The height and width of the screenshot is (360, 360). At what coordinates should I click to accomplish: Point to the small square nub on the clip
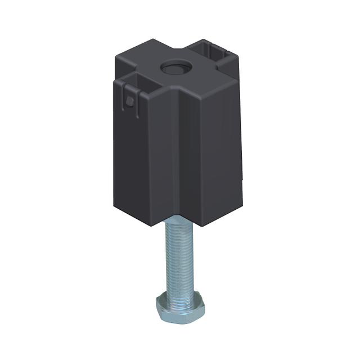tap(130, 101)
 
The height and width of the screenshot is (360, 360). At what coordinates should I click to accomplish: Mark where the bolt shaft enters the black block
tap(179, 222)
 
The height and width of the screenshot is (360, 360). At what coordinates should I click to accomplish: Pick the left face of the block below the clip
tap(132, 163)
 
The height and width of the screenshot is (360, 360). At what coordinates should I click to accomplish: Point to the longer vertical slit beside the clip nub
tap(137, 104)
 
